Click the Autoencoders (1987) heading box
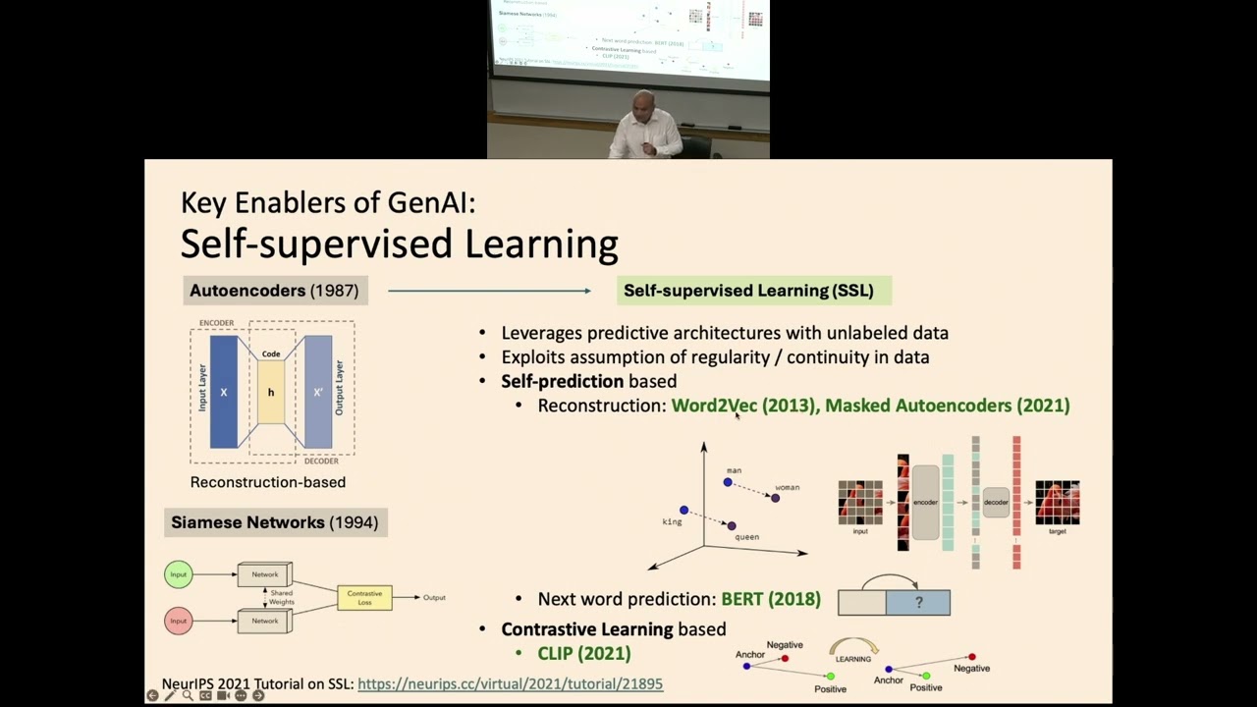pyautogui.click(x=274, y=291)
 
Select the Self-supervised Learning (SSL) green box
pyautogui.click(x=748, y=291)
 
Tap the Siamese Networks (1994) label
pyautogui.click(x=275, y=522)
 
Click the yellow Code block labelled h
pyautogui.click(x=271, y=392)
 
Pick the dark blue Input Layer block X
pyautogui.click(x=223, y=392)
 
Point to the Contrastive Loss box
pyautogui.click(x=364, y=597)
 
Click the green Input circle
pyautogui.click(x=179, y=574)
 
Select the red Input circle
pyautogui.click(x=179, y=621)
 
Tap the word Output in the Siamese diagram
pyautogui.click(x=434, y=597)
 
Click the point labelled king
pyautogui.click(x=683, y=511)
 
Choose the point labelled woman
pyautogui.click(x=775, y=498)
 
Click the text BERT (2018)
pyautogui.click(x=771, y=599)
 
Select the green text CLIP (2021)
pyautogui.click(x=583, y=653)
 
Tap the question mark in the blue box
pyautogui.click(x=918, y=602)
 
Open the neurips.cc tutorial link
pyautogui.click(x=510, y=683)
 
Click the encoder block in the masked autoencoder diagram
pyautogui.click(x=925, y=502)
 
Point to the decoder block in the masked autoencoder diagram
pyautogui.click(x=996, y=502)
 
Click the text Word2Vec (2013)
pyautogui.click(x=742, y=406)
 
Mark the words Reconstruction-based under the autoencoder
pyautogui.click(x=268, y=482)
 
